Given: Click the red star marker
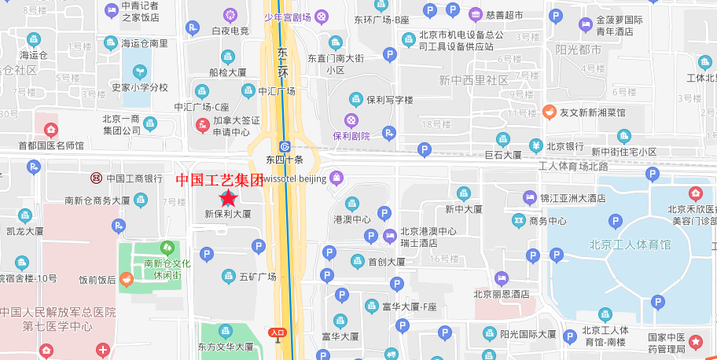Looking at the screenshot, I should coord(228,200).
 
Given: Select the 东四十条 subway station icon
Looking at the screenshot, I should coord(285,146).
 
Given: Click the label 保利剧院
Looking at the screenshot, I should coord(351,135).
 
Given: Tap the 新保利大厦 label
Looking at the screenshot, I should coord(228,213).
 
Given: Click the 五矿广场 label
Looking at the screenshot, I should coord(257,276).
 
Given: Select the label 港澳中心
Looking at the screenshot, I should coord(352,219).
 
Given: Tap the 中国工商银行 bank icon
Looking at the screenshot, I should coord(95,178).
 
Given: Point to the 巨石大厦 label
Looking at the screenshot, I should coord(503,155).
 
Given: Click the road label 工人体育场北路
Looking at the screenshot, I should coord(573,166).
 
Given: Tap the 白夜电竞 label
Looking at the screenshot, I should coord(230,31).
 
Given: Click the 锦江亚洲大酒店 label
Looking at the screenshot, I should coord(574,199).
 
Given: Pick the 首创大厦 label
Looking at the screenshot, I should coord(386,262).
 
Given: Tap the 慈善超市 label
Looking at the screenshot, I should coord(504,15).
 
